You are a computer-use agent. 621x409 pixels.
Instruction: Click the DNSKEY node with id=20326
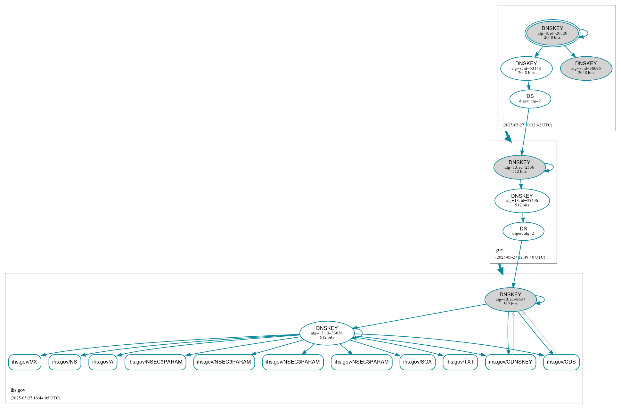tap(552, 33)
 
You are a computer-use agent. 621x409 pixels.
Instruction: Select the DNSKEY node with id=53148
tap(526, 68)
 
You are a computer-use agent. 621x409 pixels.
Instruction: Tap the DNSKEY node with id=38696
tap(586, 68)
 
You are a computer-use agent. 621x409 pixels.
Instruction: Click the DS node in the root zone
tap(530, 99)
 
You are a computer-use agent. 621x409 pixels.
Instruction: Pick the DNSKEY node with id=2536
tap(519, 167)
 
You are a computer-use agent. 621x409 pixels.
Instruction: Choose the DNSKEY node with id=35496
tap(522, 201)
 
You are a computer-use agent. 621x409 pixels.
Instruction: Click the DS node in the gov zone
tap(523, 231)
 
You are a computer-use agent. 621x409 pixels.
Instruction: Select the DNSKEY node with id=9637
tap(510, 300)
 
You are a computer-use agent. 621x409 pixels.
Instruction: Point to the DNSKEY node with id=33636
tap(327, 333)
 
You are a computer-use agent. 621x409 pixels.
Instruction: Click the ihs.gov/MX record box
tap(25, 362)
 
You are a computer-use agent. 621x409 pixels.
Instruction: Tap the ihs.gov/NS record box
tap(65, 362)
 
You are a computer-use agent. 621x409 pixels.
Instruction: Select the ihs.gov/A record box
tap(103, 362)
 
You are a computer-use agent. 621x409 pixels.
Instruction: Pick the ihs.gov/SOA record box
tap(417, 362)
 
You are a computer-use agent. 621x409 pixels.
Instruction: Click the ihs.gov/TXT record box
tap(460, 362)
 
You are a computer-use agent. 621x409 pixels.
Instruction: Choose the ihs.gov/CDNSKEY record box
tap(511, 362)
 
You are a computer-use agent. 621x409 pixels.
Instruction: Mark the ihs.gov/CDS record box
tap(561, 362)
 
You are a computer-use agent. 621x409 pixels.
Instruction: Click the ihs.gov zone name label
tap(18, 390)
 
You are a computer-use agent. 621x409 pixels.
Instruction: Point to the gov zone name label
tap(499, 250)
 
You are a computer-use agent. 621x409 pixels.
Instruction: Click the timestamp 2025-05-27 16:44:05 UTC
tap(35, 398)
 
